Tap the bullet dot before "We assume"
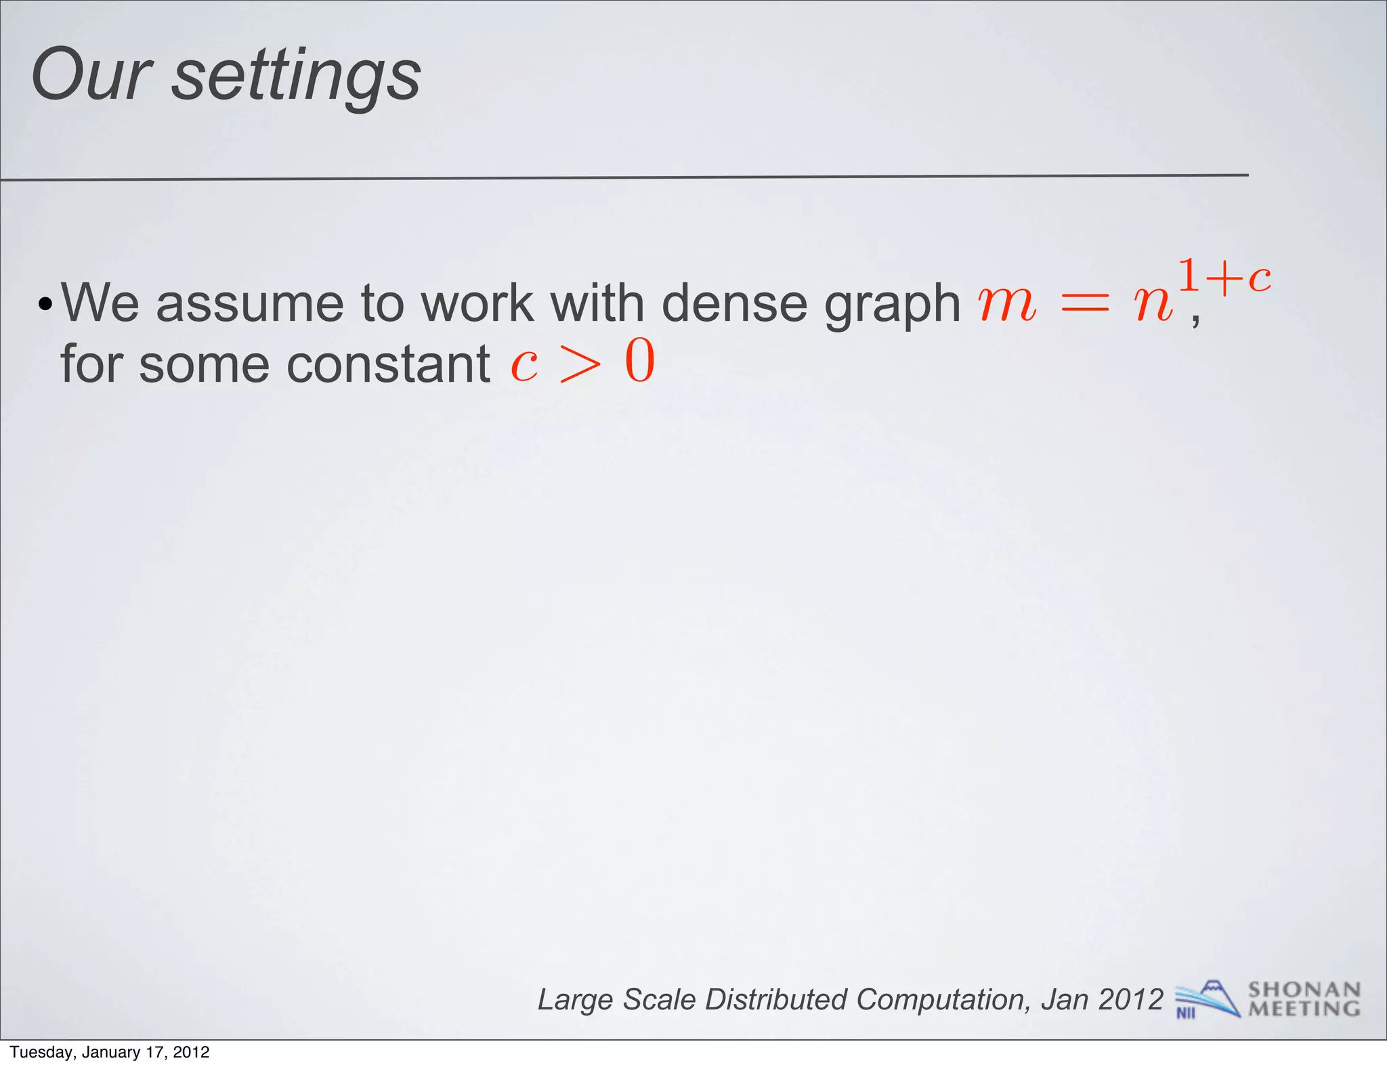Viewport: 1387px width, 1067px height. coord(45,304)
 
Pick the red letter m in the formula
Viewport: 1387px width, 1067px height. coord(1007,304)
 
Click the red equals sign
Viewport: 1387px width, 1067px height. coord(1085,304)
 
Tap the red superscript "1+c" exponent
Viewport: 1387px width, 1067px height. coord(1224,277)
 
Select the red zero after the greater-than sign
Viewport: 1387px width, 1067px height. coord(640,362)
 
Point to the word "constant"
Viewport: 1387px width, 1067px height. coord(389,364)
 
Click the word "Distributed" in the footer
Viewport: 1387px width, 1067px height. coord(775,999)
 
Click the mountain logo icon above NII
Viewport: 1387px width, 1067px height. coord(1209,995)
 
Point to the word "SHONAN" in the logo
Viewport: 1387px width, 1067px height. coord(1304,990)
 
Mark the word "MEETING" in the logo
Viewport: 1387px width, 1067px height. coord(1304,1009)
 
